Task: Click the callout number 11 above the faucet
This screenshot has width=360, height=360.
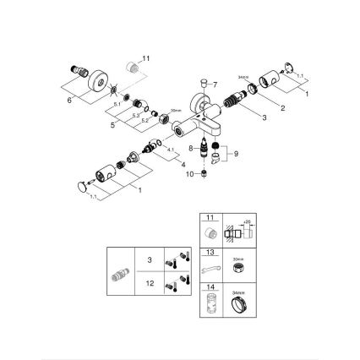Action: point(145,57)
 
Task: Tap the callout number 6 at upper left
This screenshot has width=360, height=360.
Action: point(69,99)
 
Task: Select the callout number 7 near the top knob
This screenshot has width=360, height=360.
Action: point(215,85)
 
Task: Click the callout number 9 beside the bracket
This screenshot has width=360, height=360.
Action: point(237,153)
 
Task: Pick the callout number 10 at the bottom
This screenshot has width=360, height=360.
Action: point(188,174)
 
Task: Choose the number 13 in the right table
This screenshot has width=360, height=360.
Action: point(210,252)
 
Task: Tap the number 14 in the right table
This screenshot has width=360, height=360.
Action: point(210,288)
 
